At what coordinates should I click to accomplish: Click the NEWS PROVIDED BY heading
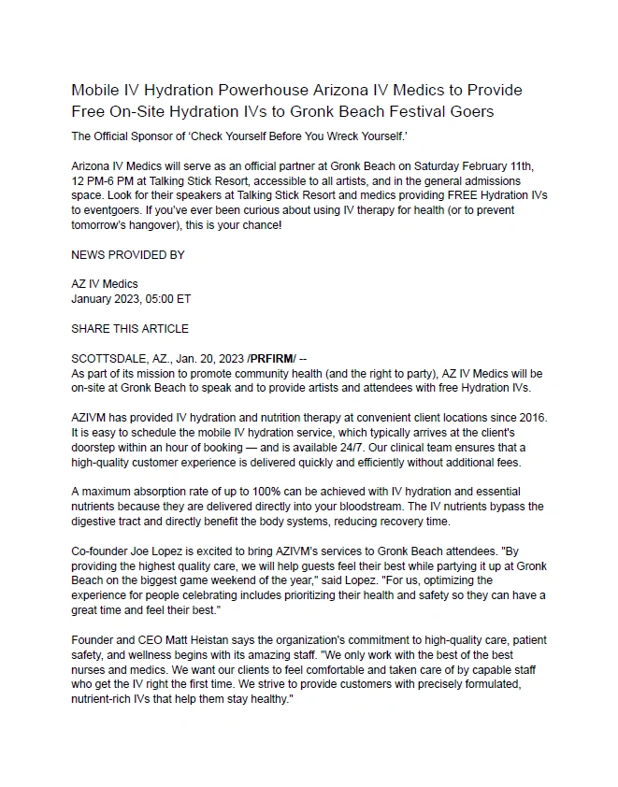(128, 254)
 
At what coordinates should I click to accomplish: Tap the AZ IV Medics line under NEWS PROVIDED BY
(104, 284)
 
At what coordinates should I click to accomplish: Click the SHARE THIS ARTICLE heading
(130, 329)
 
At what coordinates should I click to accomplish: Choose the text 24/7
(378, 446)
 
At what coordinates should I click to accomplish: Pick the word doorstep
(96, 446)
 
